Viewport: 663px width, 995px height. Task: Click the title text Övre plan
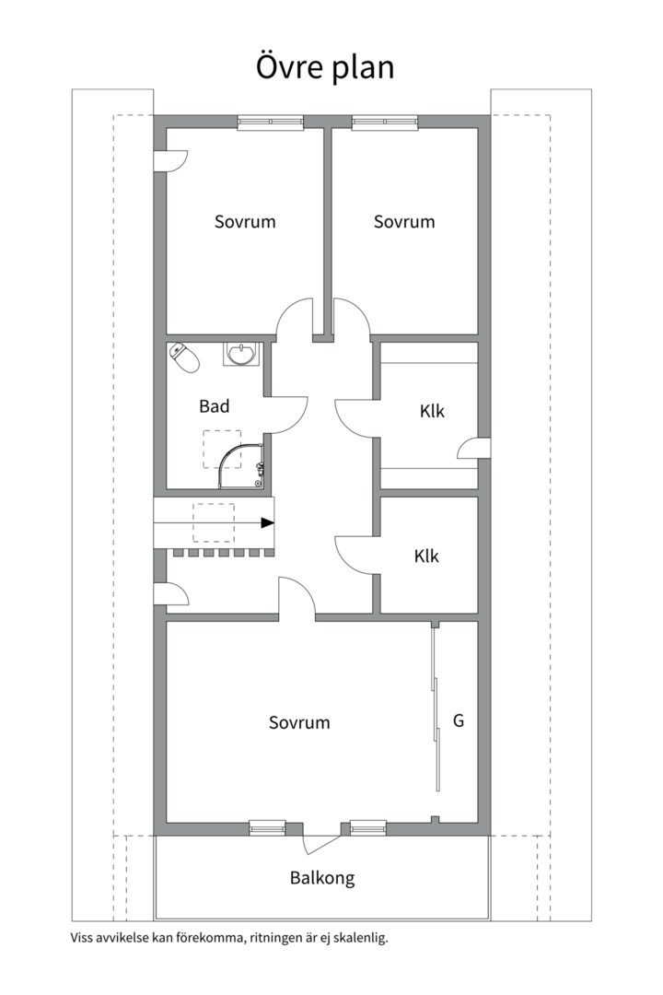[x=325, y=66]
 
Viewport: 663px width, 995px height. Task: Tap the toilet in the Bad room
[x=184, y=357]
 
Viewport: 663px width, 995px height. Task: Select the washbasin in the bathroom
[x=240, y=354]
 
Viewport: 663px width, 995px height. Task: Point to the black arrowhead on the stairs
[x=268, y=523]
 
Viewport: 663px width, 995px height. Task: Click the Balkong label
[x=322, y=878]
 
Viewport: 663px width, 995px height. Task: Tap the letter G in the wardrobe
[x=459, y=720]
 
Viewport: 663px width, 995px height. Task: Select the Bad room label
[x=215, y=406]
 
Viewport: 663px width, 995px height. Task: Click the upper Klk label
[x=432, y=411]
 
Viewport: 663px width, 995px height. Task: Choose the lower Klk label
[x=426, y=556]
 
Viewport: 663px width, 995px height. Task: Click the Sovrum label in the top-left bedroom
[x=245, y=221]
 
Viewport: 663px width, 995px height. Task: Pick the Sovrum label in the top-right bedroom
[x=404, y=221]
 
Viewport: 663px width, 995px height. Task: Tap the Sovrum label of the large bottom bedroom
[x=299, y=723]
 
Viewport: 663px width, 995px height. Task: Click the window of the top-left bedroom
[x=271, y=123]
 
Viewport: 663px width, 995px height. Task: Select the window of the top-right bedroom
[x=385, y=123]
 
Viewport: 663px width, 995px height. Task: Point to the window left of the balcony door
[x=266, y=828]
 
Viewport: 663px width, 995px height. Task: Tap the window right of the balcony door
[x=368, y=828]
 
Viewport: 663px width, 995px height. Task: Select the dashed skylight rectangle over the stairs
[x=214, y=522]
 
